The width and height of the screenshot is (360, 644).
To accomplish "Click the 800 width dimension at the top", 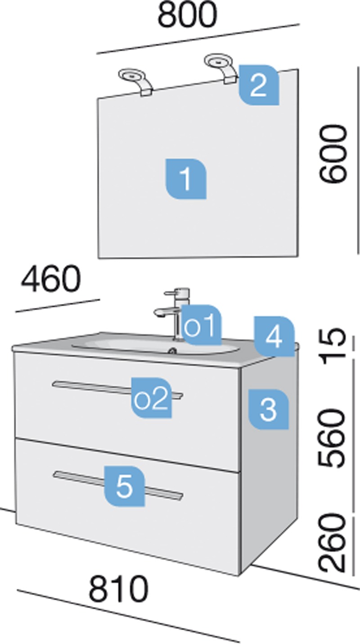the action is tap(187, 14).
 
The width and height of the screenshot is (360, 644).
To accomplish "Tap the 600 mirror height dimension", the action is tap(333, 154).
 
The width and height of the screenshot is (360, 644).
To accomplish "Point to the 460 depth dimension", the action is tap(51, 279).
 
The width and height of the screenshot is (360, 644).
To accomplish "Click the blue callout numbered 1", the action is tap(186, 178).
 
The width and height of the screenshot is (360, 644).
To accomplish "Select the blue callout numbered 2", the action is tap(259, 85).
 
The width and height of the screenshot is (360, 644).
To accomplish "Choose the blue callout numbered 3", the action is tap(268, 409).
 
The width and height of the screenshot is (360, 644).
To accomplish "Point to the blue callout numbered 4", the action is tap(274, 336).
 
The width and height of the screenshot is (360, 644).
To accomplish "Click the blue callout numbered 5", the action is tap(124, 486).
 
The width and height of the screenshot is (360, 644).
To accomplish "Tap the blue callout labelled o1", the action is tap(202, 325).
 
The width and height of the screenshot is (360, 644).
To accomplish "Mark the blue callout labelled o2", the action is tap(151, 398).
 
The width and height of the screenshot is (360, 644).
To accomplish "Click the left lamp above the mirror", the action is tap(135, 82).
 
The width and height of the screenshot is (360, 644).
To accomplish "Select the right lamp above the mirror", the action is tap(221, 68).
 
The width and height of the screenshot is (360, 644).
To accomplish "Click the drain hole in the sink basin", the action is tap(172, 350).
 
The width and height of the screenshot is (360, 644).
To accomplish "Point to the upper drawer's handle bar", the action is tap(117, 390).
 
